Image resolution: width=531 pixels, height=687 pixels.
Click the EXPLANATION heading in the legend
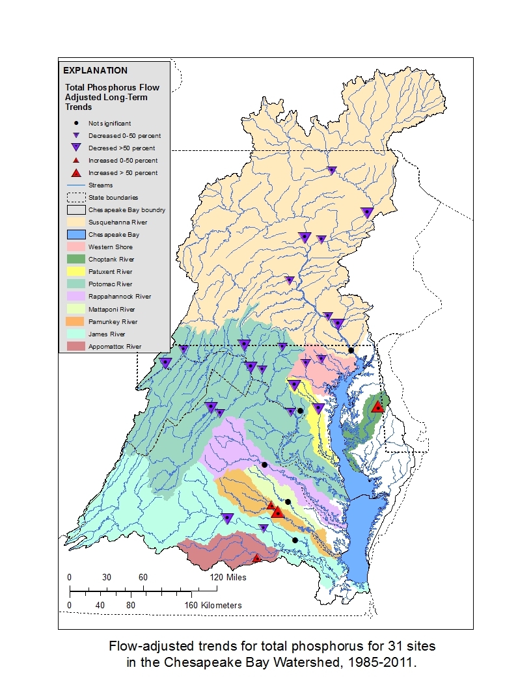[95, 70]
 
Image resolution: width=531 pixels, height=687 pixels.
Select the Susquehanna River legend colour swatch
[75, 222]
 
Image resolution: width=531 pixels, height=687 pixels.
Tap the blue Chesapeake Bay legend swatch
[75, 235]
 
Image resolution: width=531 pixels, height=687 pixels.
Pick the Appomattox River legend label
[115, 347]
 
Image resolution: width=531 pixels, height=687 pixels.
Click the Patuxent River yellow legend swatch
[75, 272]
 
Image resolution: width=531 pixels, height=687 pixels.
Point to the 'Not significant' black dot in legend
[76, 123]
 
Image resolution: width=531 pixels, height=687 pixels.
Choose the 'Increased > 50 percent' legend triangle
[76, 173]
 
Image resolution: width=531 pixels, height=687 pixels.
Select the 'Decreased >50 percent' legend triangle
[76, 148]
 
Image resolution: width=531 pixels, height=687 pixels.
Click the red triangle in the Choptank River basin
[377, 407]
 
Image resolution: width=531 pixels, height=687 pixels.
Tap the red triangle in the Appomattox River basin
[256, 558]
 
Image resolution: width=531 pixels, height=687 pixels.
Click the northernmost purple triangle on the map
[332, 170]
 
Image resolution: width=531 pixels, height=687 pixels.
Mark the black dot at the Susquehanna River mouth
[351, 350]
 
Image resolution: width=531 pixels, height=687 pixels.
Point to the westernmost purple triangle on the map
[165, 363]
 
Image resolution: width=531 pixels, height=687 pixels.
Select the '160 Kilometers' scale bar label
[211, 605]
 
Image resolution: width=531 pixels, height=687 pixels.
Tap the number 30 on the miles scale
[106, 578]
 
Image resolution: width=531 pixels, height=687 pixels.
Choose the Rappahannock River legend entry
[119, 297]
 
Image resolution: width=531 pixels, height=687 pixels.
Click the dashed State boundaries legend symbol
[75, 198]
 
